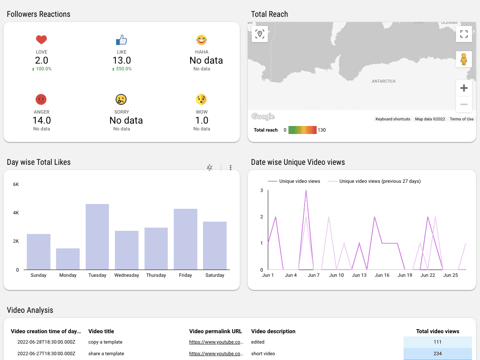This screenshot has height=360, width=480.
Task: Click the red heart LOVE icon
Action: [41, 40]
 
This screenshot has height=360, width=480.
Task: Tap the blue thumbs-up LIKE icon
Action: [121, 40]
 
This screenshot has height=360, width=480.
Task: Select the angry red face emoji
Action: [41, 99]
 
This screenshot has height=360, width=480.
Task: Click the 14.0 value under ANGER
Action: [42, 120]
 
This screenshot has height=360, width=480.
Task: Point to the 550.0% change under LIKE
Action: [122, 69]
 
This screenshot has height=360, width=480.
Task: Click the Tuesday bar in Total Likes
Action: [97, 237]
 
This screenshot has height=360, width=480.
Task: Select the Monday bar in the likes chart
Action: [68, 259]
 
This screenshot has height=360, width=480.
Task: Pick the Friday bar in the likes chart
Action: [185, 239]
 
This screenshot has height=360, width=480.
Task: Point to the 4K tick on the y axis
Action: [16, 213]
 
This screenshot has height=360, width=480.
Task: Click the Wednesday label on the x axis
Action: [127, 275]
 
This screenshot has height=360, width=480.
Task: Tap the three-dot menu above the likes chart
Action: [231, 168]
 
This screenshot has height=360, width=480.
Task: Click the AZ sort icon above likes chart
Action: [209, 168]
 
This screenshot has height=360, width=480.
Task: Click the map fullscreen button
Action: [464, 34]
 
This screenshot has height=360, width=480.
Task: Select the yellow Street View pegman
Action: [464, 59]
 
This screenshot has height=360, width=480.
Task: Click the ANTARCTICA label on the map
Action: [384, 81]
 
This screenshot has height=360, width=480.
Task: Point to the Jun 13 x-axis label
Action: [359, 275]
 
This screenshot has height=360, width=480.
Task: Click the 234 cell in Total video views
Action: [438, 354]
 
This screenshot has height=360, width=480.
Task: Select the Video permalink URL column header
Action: [215, 331]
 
